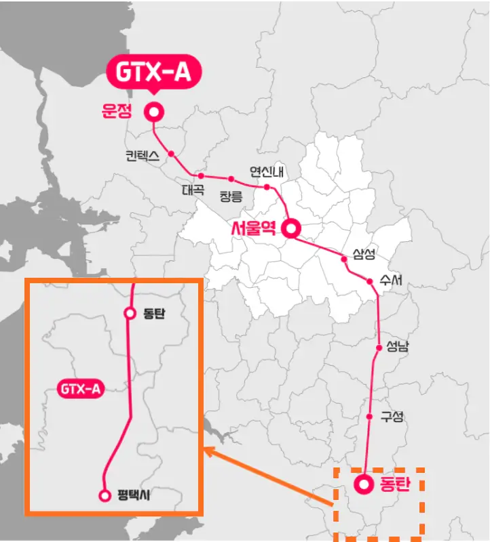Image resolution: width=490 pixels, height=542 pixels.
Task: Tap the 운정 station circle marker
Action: (x=155, y=112)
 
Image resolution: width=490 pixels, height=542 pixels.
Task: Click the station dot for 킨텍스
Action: (x=171, y=153)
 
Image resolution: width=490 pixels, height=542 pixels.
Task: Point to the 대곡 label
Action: (x=193, y=190)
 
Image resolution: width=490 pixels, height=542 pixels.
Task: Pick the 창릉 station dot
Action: (x=231, y=180)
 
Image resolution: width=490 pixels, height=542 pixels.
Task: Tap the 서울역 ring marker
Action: (x=292, y=229)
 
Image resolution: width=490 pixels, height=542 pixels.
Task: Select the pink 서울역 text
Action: (x=253, y=229)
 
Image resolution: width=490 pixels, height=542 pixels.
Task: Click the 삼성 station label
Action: (x=364, y=254)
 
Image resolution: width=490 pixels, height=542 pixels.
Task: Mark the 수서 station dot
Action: (x=370, y=281)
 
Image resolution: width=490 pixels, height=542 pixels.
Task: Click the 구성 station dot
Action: (x=369, y=416)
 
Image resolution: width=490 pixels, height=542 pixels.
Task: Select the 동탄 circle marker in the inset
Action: (x=130, y=313)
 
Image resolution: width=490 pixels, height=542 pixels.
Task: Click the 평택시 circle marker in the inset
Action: (x=105, y=495)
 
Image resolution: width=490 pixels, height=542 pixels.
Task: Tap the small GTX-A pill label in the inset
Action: (x=80, y=390)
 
